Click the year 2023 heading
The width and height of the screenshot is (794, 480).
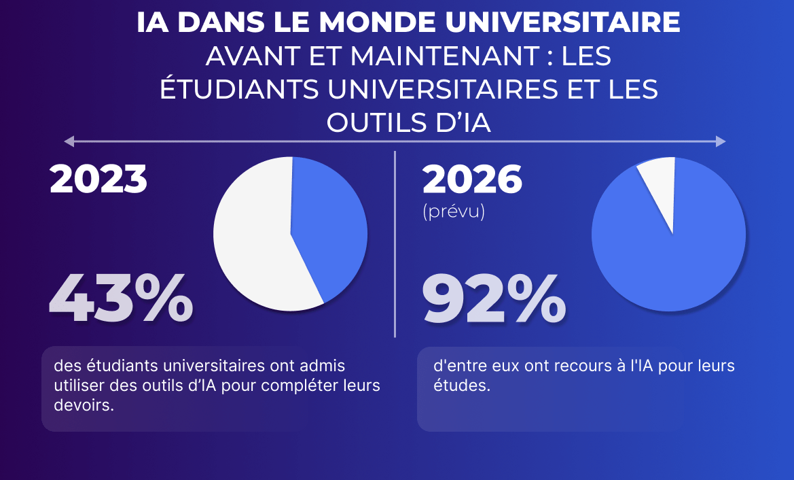click(98, 179)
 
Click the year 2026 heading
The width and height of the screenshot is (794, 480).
click(472, 179)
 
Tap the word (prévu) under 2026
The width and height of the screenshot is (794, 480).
click(453, 212)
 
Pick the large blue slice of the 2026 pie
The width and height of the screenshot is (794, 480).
click(669, 258)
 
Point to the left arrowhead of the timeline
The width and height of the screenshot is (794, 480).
click(68, 141)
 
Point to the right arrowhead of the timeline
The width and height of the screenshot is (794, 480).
click(721, 141)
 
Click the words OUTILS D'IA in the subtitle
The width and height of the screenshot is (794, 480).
click(408, 123)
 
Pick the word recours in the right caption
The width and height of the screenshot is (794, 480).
click(560, 366)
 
